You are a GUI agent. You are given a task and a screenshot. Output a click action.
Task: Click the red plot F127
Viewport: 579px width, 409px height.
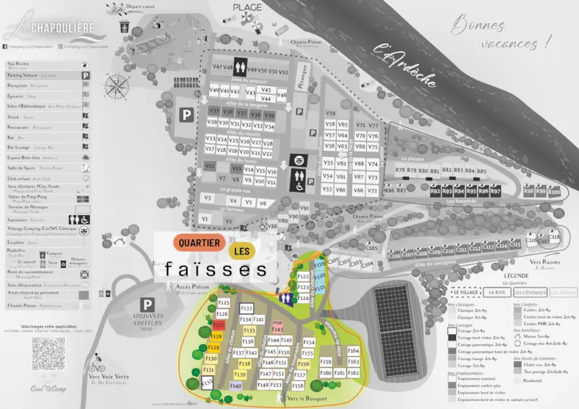click(219, 326)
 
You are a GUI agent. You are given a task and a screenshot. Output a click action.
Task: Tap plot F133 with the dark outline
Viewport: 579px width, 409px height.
click(246, 309)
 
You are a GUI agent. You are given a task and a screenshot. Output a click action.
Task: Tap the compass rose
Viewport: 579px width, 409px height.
click(117, 87)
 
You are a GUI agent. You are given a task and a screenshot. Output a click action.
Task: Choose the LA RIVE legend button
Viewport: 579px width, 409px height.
click(496, 293)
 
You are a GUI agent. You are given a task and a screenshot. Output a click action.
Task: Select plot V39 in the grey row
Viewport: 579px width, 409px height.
click(269, 115)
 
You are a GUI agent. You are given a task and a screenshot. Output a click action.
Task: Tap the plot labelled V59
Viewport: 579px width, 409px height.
click(330, 114)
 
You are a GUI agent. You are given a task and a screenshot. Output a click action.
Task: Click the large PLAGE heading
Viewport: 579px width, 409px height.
click(248, 7)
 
